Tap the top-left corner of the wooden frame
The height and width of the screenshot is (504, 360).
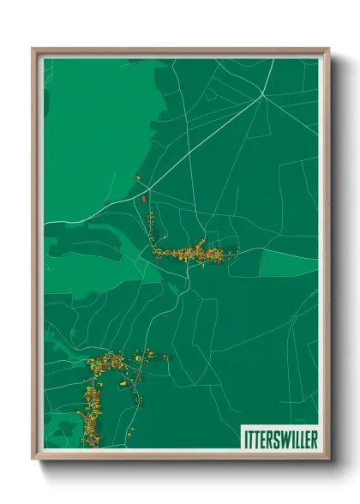click(x=33, y=49)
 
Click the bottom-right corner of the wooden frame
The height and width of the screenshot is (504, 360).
click(x=329, y=459)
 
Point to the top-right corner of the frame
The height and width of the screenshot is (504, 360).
click(x=329, y=49)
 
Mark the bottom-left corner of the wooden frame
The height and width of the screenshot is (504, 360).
click(x=33, y=459)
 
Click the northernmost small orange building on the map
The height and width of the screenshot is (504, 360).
click(x=136, y=177)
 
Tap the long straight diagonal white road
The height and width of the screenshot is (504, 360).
click(x=206, y=141)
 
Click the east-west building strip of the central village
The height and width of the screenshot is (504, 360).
click(x=194, y=252)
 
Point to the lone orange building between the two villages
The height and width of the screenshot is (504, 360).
click(x=166, y=316)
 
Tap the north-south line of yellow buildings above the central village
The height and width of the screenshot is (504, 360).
click(x=152, y=227)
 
